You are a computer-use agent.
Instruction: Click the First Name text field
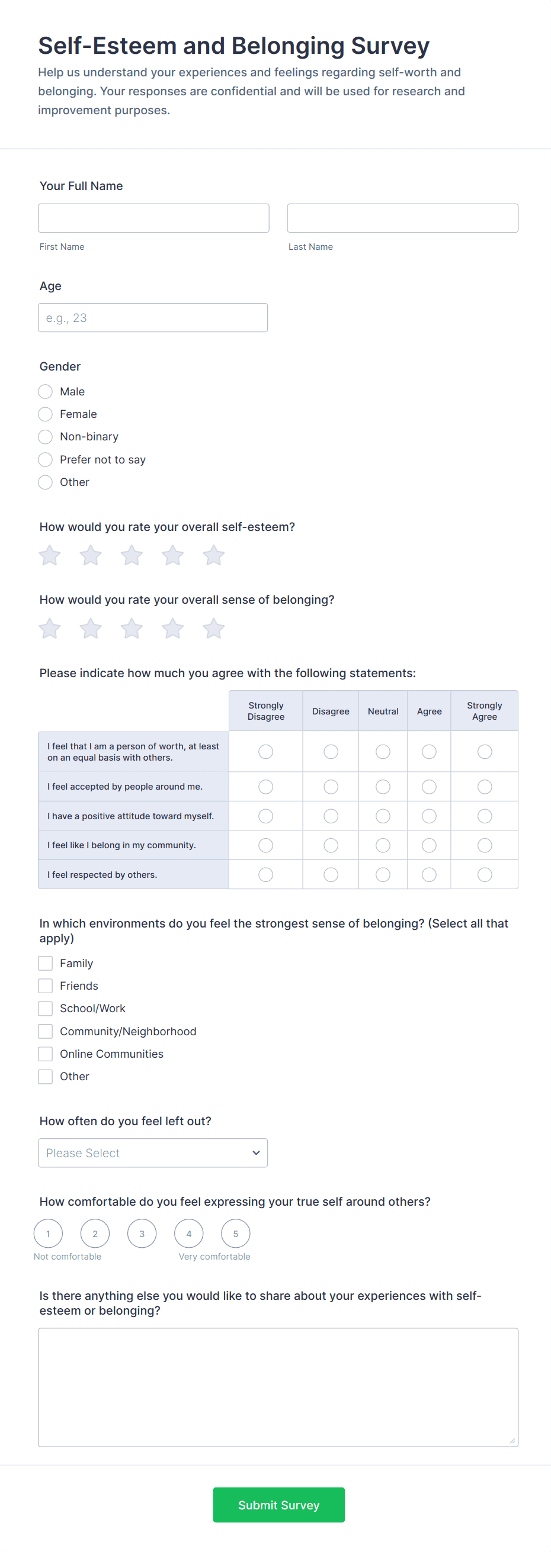point(153,218)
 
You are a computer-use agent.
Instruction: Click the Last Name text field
point(402,218)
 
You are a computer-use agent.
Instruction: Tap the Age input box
point(152,317)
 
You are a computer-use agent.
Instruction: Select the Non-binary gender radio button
point(45,437)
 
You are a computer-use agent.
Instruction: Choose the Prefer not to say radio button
point(45,460)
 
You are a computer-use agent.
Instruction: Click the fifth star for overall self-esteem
point(213,555)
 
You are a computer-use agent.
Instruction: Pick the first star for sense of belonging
point(49,629)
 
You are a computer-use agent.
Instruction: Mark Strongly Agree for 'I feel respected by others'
point(484,874)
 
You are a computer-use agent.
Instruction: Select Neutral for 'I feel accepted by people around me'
point(383,787)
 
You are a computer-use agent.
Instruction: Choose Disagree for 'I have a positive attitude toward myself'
point(331,816)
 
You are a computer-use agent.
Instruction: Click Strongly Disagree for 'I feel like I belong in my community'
point(266,845)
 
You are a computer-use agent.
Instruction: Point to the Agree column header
point(429,711)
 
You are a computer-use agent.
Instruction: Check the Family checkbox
point(45,964)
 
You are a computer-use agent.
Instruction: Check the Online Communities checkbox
point(45,1054)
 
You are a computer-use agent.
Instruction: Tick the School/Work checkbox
point(45,1009)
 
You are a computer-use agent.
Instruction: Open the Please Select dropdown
point(152,1152)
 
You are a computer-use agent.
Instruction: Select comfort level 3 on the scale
point(142,1234)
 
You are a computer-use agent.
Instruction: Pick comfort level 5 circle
point(236,1234)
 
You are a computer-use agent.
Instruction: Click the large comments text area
point(278,1387)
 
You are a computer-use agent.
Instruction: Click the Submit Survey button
point(278,1505)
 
